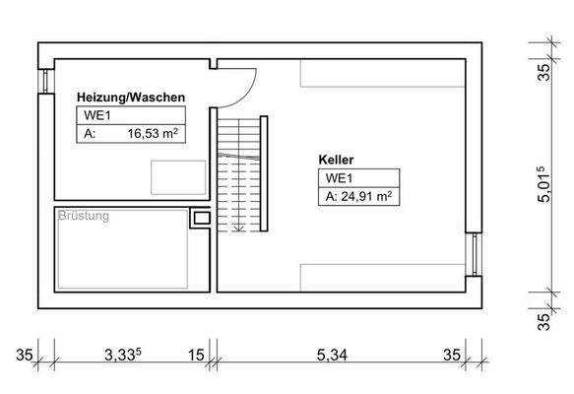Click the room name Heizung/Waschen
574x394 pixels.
pos(131,98)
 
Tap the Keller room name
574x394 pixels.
pos(336,159)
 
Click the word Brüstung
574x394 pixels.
pos(84,215)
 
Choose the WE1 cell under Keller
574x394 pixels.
pos(335,178)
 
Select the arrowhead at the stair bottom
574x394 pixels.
pos(237,229)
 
